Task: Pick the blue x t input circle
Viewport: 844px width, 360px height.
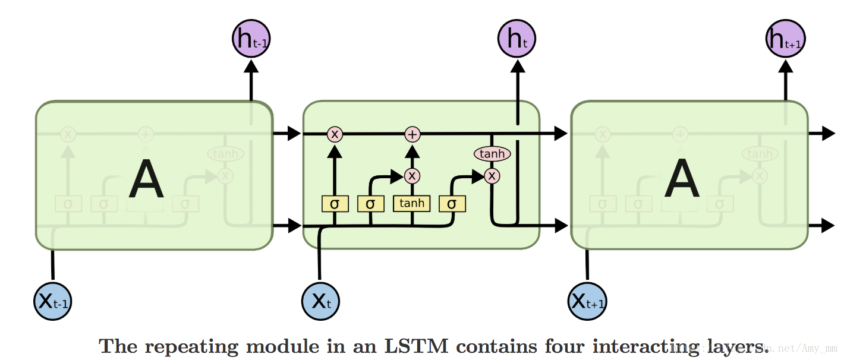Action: click(x=321, y=301)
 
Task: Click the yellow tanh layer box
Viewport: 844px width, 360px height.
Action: click(x=412, y=203)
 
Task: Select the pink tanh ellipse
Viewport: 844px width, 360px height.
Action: click(x=492, y=154)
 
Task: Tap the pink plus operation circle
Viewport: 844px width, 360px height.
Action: click(x=412, y=134)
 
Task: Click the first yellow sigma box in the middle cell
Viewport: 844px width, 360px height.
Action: click(x=335, y=204)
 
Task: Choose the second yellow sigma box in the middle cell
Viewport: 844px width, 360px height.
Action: click(x=370, y=204)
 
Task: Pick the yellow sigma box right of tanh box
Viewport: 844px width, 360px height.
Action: click(x=452, y=204)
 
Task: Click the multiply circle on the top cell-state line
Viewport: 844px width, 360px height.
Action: click(x=335, y=134)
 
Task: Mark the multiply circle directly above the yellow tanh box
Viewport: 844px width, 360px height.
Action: click(x=412, y=176)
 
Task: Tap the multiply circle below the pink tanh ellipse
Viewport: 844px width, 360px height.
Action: click(x=492, y=176)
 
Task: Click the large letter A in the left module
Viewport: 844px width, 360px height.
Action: click(x=146, y=180)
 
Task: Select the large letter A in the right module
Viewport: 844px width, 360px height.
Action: click(x=682, y=180)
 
